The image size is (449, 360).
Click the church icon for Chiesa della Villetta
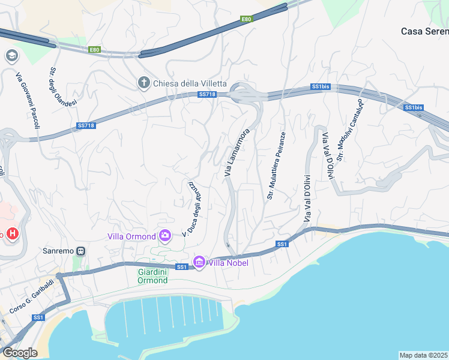click(143, 83)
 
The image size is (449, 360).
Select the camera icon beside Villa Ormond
click(165, 236)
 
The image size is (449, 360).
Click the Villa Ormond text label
click(131, 236)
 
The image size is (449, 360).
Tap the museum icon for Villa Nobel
click(199, 262)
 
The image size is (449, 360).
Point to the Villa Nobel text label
click(228, 262)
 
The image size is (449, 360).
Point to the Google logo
click(20, 353)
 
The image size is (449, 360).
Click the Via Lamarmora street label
click(236, 152)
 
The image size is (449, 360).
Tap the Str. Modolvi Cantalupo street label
click(350, 130)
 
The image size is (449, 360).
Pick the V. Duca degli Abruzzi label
click(194, 207)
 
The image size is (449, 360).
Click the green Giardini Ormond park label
click(148, 275)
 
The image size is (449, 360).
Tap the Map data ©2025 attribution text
click(424, 355)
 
